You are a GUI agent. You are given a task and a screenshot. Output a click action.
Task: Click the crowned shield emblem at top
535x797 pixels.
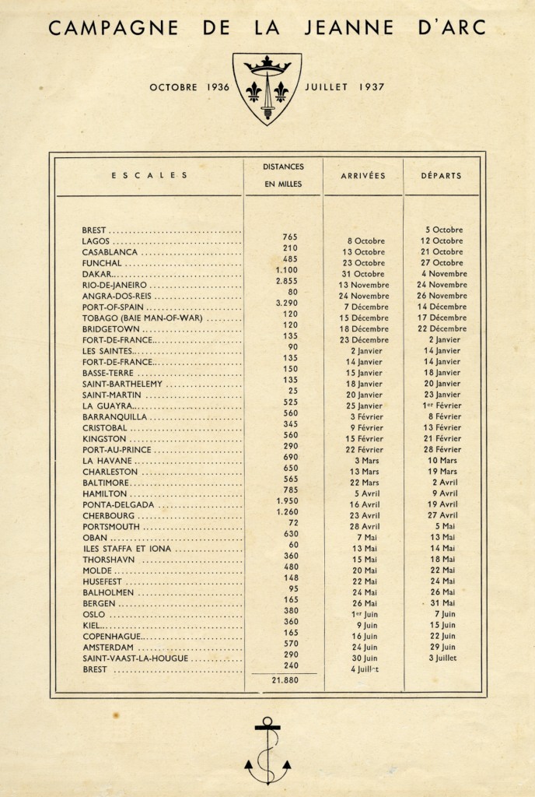267,88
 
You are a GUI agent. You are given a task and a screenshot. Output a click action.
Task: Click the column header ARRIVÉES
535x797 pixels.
362,176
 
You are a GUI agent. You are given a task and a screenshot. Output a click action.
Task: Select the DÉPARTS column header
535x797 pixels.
441,176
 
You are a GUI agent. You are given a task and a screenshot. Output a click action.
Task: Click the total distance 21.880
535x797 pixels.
282,679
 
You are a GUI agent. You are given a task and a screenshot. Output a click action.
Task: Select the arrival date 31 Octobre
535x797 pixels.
362,274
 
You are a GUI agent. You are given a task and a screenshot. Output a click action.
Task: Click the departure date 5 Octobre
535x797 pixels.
444,230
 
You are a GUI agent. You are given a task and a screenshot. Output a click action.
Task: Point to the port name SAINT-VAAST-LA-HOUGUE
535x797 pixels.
135,658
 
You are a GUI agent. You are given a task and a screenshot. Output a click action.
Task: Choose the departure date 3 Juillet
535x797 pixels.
441,658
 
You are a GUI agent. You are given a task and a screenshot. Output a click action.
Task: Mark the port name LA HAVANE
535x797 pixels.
103,461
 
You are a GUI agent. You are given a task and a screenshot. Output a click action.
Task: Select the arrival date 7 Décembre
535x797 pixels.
362,307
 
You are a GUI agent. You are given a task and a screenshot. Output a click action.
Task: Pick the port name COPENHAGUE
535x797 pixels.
110,636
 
